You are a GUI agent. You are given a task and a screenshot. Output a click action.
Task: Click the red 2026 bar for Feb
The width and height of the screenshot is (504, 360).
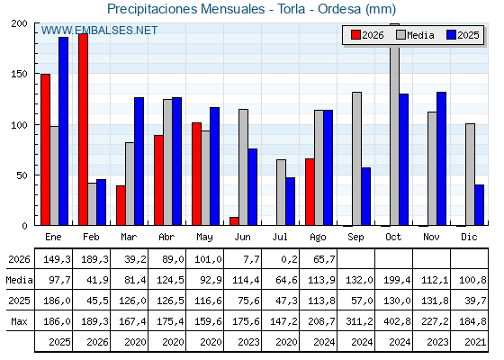(83, 130)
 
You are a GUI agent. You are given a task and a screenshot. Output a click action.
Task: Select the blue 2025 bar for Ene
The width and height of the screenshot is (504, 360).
(63, 131)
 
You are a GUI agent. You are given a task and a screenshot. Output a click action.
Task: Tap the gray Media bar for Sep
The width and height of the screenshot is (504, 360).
(356, 158)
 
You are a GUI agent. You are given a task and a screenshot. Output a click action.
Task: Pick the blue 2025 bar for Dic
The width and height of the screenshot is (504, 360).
(479, 205)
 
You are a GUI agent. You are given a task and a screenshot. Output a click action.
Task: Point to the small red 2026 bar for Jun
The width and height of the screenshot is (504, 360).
(234, 221)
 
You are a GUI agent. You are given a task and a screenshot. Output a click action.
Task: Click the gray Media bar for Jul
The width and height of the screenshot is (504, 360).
(281, 193)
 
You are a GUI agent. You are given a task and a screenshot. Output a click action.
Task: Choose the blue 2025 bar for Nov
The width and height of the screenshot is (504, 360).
(441, 158)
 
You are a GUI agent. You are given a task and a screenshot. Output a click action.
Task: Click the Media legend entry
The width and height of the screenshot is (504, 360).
(415, 35)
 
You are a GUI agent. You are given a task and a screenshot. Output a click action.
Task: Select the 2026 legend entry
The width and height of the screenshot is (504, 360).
(367, 35)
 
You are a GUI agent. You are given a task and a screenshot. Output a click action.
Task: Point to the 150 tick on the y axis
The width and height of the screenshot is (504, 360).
(19, 74)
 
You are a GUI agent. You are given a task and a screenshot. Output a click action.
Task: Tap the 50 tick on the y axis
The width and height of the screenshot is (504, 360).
(22, 175)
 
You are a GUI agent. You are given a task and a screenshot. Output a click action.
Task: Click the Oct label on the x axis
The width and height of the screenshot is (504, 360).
(393, 238)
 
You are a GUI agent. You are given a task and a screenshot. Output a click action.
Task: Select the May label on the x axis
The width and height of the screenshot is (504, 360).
(204, 238)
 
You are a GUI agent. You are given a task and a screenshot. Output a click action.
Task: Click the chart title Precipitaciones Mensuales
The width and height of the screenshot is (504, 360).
(185, 9)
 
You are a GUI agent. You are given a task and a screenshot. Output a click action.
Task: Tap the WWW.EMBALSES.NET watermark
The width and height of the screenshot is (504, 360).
(99, 31)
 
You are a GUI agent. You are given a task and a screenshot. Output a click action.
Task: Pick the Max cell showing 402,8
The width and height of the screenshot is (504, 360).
(397, 321)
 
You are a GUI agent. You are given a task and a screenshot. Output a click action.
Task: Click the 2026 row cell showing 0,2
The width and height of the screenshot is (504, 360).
(289, 259)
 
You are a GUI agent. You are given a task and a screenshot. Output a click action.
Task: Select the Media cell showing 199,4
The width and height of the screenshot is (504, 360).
(397, 280)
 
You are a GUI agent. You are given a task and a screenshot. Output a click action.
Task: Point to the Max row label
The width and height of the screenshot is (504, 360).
(19, 321)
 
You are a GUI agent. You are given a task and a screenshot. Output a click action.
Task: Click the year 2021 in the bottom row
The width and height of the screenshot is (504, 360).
(475, 342)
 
